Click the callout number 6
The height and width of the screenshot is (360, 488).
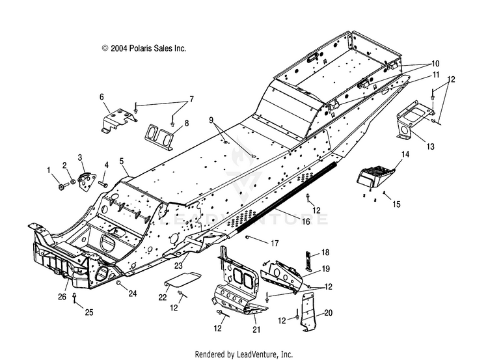tap(102, 97)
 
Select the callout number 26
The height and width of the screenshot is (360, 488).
tap(62, 296)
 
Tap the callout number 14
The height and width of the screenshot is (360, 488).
tap(405, 154)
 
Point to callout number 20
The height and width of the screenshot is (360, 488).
tap(328, 312)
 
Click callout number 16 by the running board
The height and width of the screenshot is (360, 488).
tap(306, 221)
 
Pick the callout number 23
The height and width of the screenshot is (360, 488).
tap(178, 265)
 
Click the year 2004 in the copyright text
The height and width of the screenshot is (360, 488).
tap(119, 48)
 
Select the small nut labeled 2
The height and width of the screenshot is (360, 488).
tap(72, 182)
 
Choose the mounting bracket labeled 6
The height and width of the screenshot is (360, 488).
tap(119, 120)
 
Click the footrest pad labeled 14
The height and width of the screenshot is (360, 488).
tap(375, 176)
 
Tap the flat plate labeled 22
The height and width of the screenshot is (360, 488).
tap(183, 279)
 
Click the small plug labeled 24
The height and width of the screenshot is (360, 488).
tap(118, 283)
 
